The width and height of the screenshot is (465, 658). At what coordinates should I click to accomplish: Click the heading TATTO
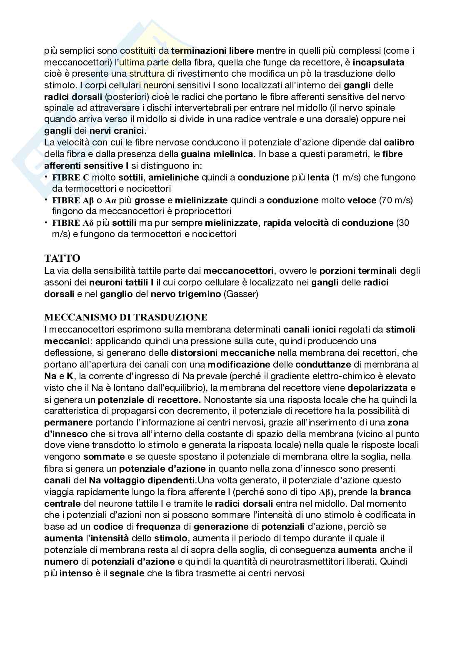tap(62, 258)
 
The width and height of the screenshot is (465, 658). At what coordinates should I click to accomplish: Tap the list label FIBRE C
tap(71, 178)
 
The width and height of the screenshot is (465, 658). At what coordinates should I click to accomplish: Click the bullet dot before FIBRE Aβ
tap(46, 200)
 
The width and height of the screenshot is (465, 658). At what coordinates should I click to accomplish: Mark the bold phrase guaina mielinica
tap(217, 154)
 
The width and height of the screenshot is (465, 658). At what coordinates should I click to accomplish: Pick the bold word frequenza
tap(158, 526)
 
